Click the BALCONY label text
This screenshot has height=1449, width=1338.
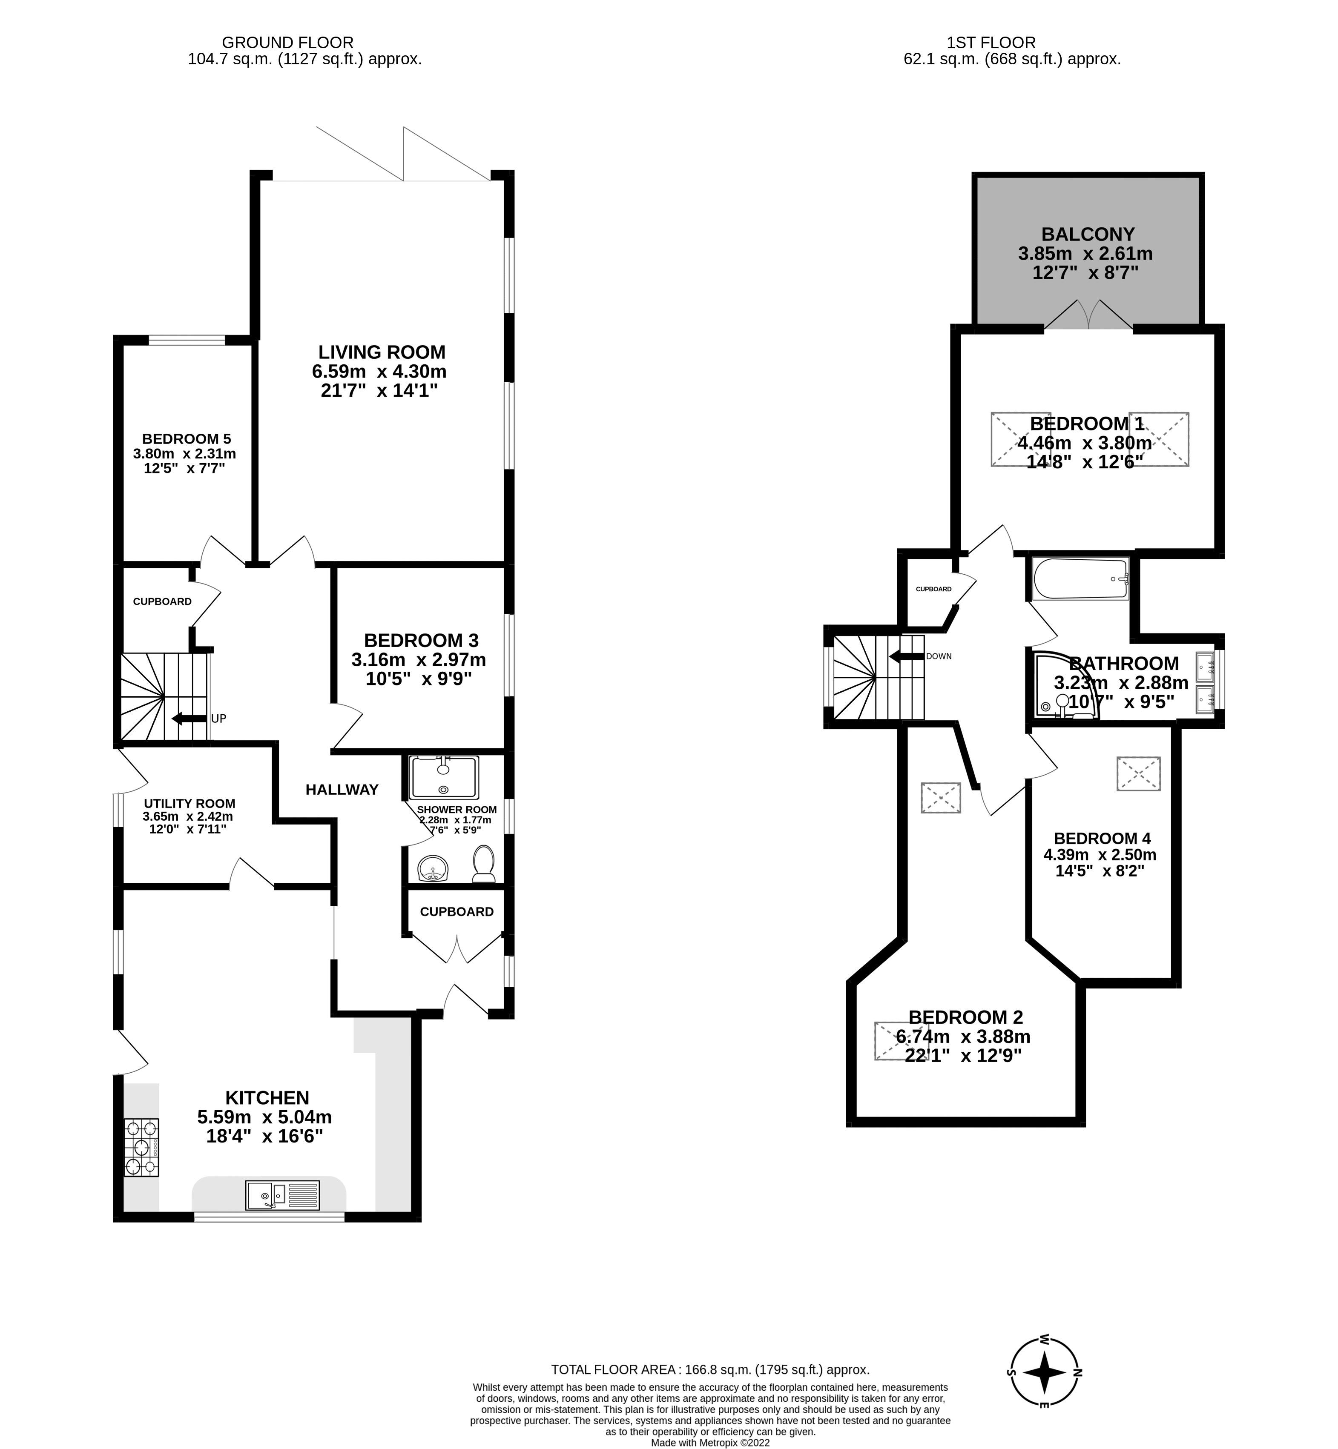[x=1088, y=235]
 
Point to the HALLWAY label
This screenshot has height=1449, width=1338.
[x=342, y=790]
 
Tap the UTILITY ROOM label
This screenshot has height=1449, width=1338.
[x=189, y=803]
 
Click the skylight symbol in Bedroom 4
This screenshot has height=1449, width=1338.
[x=1138, y=774]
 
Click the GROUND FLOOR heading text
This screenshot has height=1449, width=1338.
[x=287, y=43]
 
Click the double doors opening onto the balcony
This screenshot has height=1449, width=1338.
[x=1088, y=315]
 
